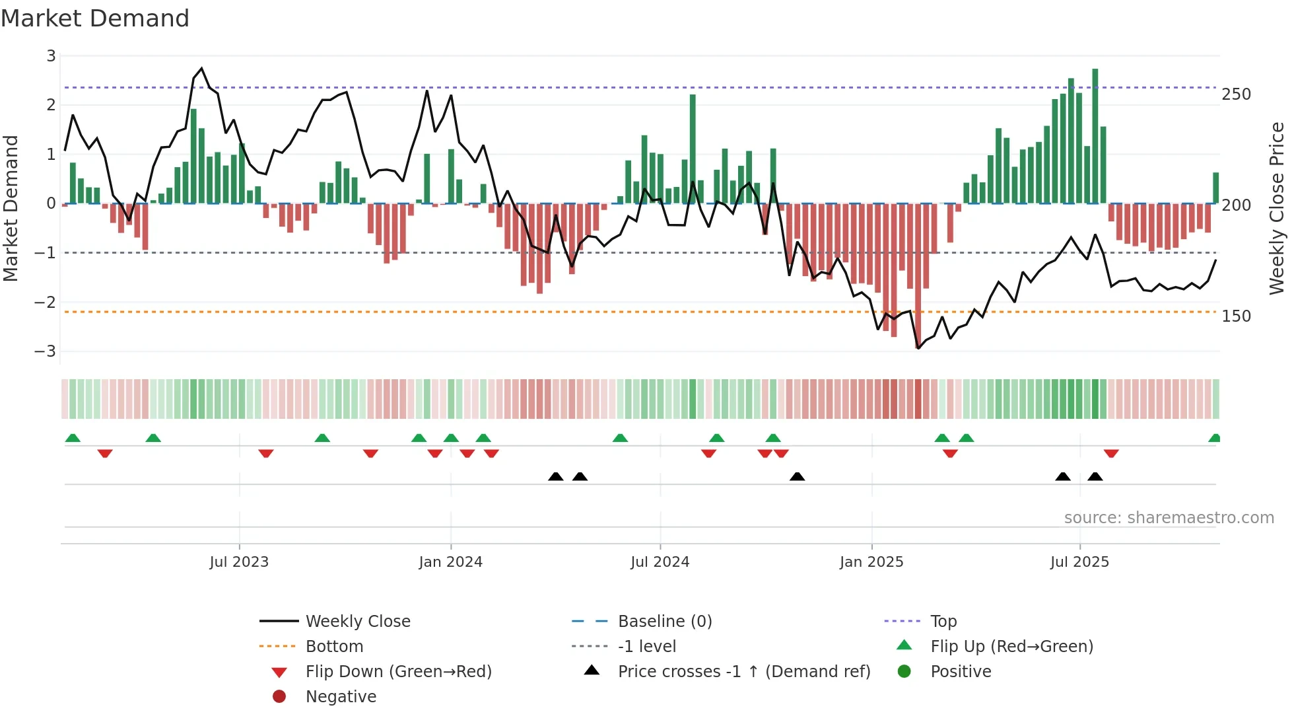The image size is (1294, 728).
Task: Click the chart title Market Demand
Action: point(95,18)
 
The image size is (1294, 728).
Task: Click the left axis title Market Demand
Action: point(11,208)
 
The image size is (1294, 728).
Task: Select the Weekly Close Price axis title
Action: point(1277,208)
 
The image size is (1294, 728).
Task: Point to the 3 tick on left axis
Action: point(51,56)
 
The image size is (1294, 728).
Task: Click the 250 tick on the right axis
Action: point(1236,94)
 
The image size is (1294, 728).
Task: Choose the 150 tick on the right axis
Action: point(1236,316)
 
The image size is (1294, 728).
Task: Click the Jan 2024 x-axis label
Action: point(450,562)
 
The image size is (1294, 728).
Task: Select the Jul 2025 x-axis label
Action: point(1079,562)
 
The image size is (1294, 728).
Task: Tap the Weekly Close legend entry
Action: point(357,622)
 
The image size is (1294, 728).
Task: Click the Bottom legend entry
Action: point(334,647)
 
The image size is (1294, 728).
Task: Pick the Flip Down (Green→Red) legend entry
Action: point(398,672)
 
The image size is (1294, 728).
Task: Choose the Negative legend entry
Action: point(341,697)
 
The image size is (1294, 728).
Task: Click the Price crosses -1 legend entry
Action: point(743,672)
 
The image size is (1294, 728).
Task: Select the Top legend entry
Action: point(943,622)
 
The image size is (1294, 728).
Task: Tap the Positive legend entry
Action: point(961,672)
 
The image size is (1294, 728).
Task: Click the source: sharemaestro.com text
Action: point(1169,518)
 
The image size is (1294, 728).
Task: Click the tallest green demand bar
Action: point(1095,135)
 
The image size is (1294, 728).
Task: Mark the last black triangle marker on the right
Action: point(1095,476)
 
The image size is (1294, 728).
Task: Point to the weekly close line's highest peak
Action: point(201,68)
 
